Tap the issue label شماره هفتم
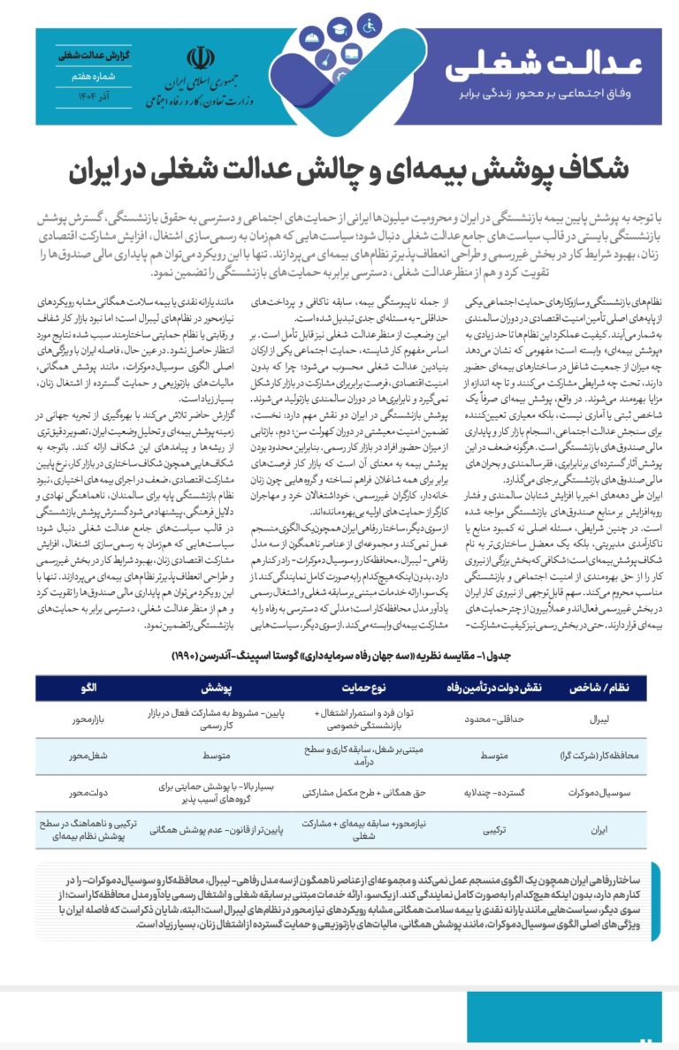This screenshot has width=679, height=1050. (x=82, y=76)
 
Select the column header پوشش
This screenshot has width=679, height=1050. (x=216, y=687)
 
